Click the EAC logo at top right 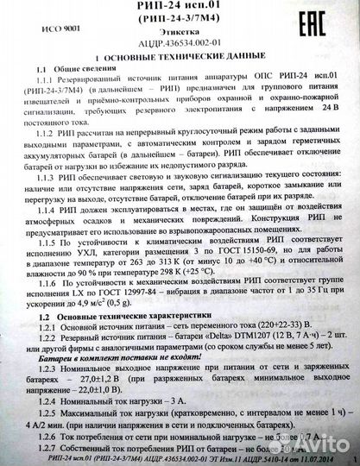pos(320,23)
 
